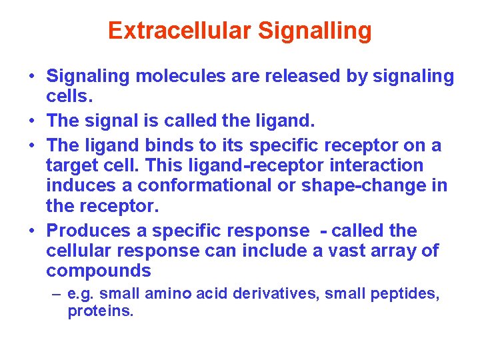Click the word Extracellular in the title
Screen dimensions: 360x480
[179, 31]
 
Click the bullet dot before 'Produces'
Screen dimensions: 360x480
[31, 231]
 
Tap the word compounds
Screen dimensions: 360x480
[98, 271]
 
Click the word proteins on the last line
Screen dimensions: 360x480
[101, 311]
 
